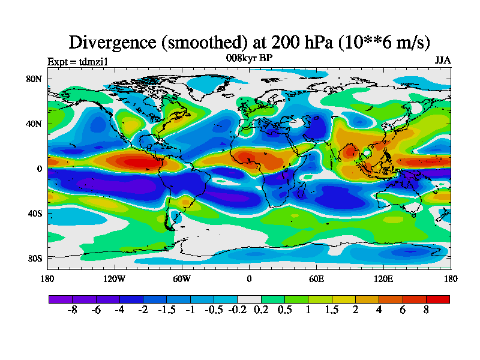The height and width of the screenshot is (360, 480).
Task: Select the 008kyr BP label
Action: pyautogui.click(x=249, y=58)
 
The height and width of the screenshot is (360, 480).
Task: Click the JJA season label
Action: pyautogui.click(x=443, y=61)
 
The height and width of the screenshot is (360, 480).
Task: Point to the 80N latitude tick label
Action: pyautogui.click(x=33, y=79)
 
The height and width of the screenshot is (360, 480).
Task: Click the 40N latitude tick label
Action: pyautogui.click(x=33, y=124)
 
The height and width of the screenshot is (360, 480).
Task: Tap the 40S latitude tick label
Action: pyautogui.click(x=34, y=214)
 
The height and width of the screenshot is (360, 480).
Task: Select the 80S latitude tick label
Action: pyautogui.click(x=34, y=258)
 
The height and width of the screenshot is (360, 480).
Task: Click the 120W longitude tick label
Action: pyautogui.click(x=115, y=278)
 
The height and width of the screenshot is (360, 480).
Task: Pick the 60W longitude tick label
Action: pyautogui.click(x=182, y=278)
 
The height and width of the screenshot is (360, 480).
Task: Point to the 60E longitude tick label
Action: pyautogui.click(x=316, y=278)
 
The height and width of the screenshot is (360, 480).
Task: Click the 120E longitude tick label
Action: pyautogui.click(x=383, y=278)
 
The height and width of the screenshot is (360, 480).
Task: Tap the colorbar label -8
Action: pyautogui.click(x=73, y=310)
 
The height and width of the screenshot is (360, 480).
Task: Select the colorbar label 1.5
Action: pyautogui.click(x=331, y=310)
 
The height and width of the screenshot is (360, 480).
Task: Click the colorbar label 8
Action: pyautogui.click(x=426, y=310)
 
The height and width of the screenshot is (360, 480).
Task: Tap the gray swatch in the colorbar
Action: pyautogui.click(x=249, y=299)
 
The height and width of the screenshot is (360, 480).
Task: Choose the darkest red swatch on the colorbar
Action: pyautogui.click(x=437, y=299)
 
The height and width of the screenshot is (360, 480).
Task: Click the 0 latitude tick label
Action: pyautogui.click(x=39, y=169)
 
